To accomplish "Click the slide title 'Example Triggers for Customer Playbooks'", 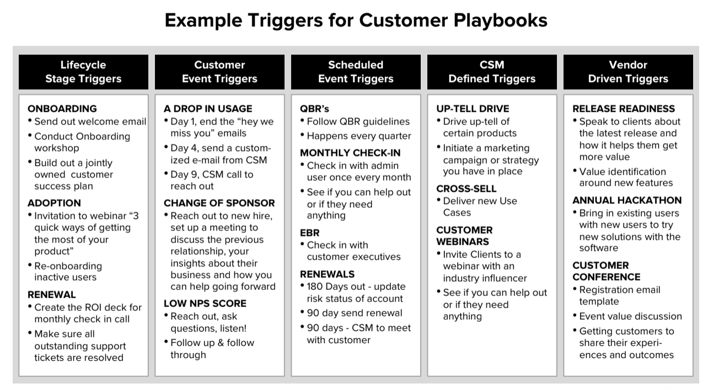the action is tap(356, 20).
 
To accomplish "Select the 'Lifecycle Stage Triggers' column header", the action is tap(83, 72).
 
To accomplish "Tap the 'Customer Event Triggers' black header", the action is tap(219, 72).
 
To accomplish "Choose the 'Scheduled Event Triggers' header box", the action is tap(356, 72).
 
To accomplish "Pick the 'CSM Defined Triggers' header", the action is tap(492, 72).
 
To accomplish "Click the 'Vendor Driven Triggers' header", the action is tap(628, 72).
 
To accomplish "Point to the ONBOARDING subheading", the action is tap(62, 109).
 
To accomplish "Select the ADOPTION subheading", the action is tap(54, 203).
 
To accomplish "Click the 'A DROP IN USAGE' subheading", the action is tap(208, 109).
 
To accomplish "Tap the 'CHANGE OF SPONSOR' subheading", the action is tap(219, 203).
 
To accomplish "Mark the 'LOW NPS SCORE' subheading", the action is tap(205, 303).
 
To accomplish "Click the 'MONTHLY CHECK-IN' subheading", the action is tap(350, 153).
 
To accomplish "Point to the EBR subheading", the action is tap(310, 233).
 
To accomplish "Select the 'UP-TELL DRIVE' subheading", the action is tap(473, 109).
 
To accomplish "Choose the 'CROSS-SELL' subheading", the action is tap(466, 188).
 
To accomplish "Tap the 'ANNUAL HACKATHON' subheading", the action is tap(627, 200).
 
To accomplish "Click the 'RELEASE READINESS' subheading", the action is tap(624, 109).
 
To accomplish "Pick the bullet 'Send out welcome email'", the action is tap(90, 122).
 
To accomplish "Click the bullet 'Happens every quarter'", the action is tap(359, 136).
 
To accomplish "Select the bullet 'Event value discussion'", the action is tap(630, 316).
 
